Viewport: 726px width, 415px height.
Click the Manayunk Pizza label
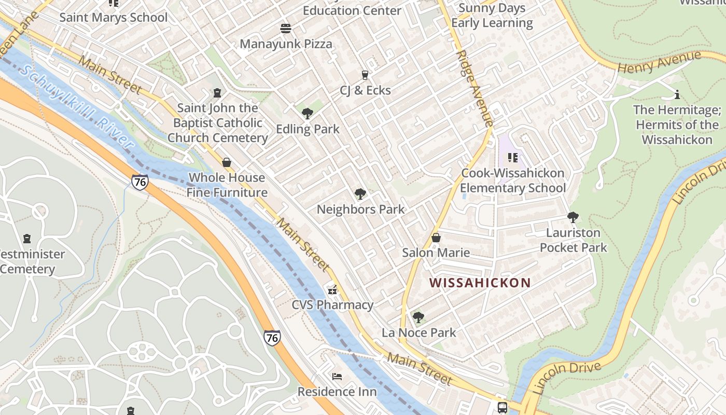pyautogui.click(x=286, y=44)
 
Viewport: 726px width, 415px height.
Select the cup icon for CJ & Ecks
pyautogui.click(x=365, y=75)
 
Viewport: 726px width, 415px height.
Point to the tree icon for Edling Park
pyautogui.click(x=308, y=113)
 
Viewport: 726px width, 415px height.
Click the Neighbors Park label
pyautogui.click(x=360, y=210)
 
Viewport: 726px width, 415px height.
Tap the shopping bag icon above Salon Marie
pyautogui.click(x=436, y=238)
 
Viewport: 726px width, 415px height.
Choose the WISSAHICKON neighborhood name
pyautogui.click(x=480, y=283)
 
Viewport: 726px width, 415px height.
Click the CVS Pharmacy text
pyautogui.click(x=332, y=305)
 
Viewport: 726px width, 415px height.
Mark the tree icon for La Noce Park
pyautogui.click(x=418, y=317)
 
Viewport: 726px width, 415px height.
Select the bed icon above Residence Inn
pyautogui.click(x=337, y=376)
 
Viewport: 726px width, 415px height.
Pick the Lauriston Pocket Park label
pyautogui.click(x=573, y=240)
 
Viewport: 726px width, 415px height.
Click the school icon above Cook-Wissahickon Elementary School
pyautogui.click(x=513, y=157)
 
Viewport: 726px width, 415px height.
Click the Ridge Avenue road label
pyautogui.click(x=474, y=88)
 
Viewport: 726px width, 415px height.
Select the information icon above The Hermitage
pyautogui.click(x=677, y=94)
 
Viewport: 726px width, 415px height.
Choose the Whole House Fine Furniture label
pyautogui.click(x=227, y=185)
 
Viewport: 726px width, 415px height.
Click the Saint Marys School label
pyautogui.click(x=114, y=18)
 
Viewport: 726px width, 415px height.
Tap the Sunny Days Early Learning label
pyautogui.click(x=492, y=16)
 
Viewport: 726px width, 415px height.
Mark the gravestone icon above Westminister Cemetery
pyautogui.click(x=27, y=239)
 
